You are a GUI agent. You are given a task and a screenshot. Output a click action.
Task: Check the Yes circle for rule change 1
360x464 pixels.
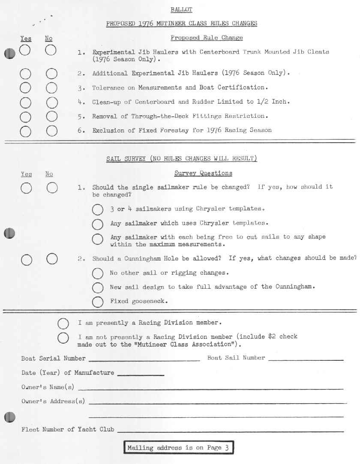(25, 51)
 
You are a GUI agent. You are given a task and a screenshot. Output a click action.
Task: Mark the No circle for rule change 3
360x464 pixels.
(51, 88)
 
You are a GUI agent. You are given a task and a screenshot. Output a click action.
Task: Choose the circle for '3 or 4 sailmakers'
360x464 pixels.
(98, 210)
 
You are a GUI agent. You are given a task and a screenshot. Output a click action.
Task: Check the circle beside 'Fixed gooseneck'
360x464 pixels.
(98, 302)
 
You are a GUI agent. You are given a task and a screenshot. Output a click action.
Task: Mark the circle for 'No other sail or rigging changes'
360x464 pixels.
(98, 273)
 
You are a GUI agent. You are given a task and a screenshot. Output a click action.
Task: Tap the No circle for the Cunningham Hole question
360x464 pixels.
(51, 259)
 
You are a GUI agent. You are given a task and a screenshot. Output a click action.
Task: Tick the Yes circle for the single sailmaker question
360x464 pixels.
(26, 188)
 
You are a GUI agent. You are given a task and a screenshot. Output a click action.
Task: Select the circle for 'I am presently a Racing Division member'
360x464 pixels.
(63, 323)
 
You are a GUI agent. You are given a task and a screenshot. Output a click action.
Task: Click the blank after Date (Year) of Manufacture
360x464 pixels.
(141, 375)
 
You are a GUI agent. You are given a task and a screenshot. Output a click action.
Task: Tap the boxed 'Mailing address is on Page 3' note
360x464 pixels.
(179, 448)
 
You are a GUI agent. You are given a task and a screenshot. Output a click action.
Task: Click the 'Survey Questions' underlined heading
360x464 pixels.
(203, 174)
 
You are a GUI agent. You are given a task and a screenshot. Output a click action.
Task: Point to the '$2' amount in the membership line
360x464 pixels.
(272, 337)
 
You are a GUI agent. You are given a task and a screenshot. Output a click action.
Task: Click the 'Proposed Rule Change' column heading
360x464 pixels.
(207, 38)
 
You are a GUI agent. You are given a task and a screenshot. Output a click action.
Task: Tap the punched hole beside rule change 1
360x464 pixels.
(9, 54)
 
